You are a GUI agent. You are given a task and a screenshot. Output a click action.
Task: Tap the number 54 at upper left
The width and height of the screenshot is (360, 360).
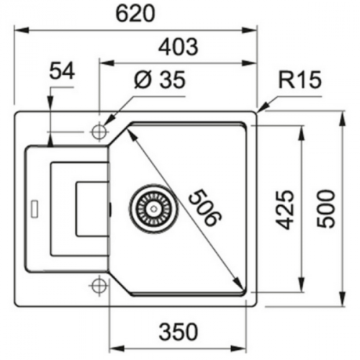pos(63,71)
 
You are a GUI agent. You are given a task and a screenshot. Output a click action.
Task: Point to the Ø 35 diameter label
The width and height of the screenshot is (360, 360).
pos(159,80)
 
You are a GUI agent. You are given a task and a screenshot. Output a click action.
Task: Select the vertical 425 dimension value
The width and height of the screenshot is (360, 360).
pos(286,210)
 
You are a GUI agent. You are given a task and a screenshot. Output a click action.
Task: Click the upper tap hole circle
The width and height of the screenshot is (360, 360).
pos(99,132)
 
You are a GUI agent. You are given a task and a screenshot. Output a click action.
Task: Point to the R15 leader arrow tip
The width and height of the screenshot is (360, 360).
pos(260,109)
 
